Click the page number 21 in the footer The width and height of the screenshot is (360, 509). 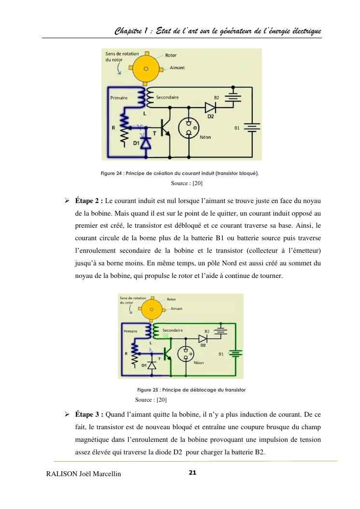[192, 472]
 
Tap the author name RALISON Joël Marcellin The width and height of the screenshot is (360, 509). [83, 474]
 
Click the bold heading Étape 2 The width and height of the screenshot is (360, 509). [89, 200]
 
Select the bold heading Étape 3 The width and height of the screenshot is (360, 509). [89, 414]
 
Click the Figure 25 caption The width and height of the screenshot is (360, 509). [191, 390]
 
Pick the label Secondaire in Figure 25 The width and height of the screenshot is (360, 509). [173, 331]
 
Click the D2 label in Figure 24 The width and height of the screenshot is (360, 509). [211, 116]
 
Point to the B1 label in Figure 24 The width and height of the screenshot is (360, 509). [237, 128]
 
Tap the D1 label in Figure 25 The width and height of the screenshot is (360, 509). [144, 365]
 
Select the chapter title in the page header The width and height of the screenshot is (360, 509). [218, 31]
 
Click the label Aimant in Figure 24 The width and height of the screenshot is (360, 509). [177, 68]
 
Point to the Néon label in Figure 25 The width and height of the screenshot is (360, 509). [198, 362]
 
